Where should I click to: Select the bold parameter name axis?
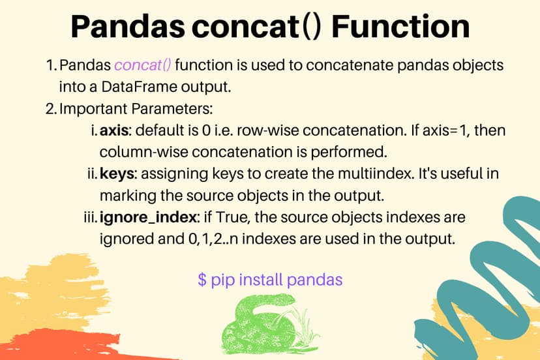pyautogui.click(x=115, y=131)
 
